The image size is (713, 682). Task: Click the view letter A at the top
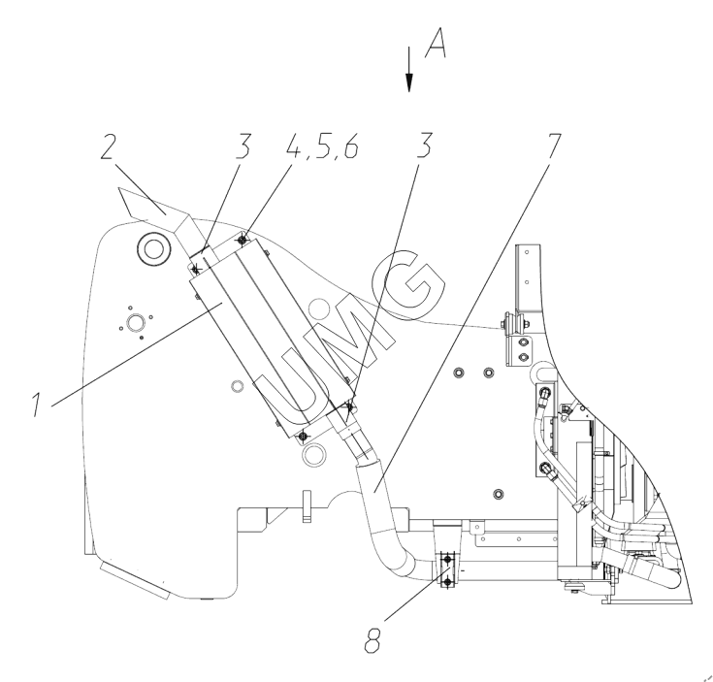(x=436, y=43)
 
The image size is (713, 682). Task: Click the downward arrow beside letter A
(x=409, y=69)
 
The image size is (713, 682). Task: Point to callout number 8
(x=373, y=640)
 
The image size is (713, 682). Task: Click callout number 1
(x=37, y=405)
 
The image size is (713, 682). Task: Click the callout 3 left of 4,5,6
(x=243, y=146)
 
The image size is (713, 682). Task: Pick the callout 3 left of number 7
(x=424, y=146)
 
